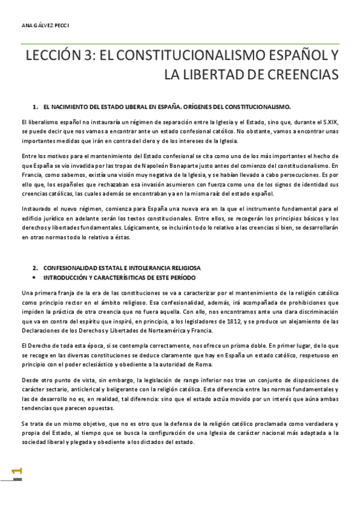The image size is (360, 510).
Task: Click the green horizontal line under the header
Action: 180,42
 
